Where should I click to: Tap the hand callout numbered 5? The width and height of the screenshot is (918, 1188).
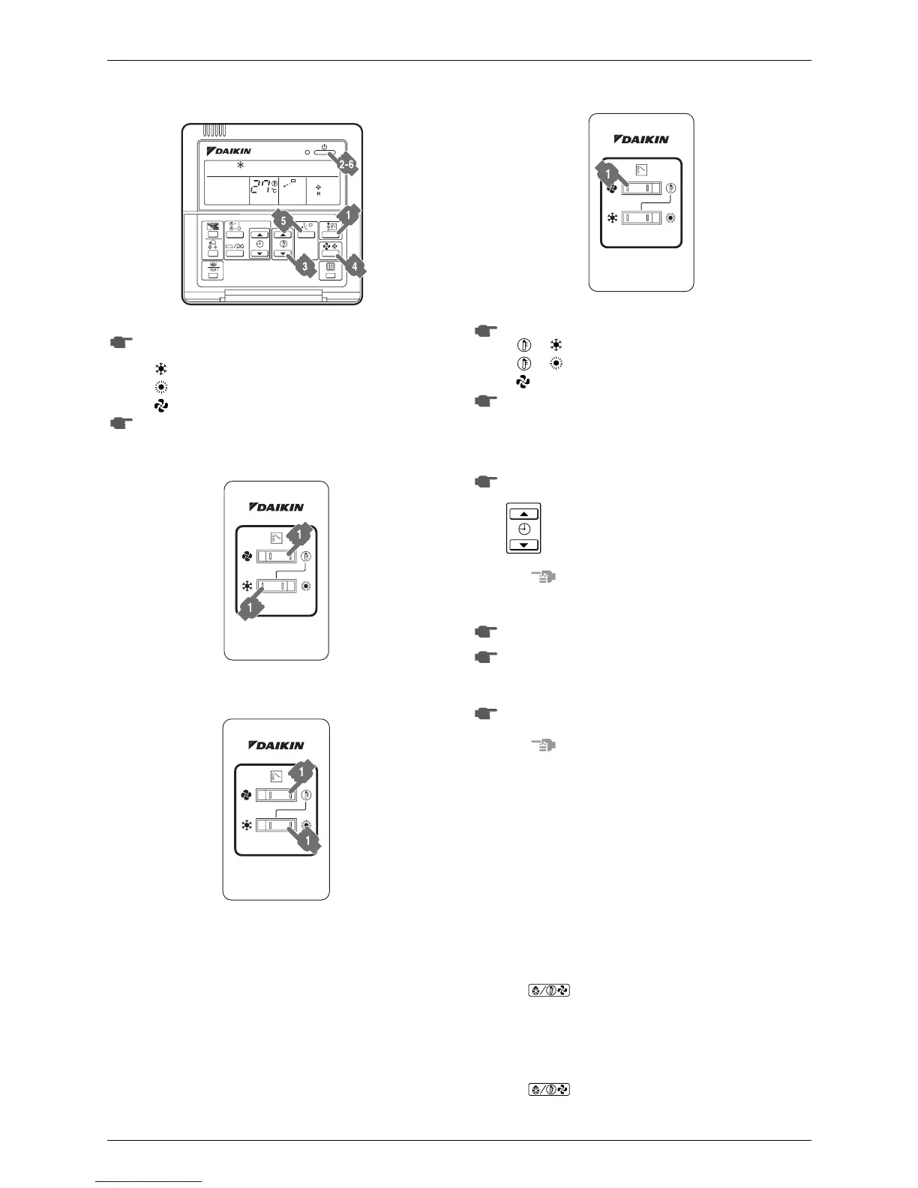point(282,221)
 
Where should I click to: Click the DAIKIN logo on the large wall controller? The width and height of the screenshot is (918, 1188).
point(229,151)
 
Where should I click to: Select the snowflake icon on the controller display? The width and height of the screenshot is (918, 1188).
point(241,163)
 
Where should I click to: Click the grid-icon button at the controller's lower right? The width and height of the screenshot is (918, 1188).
point(330,272)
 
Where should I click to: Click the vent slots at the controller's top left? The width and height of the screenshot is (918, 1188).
point(214,130)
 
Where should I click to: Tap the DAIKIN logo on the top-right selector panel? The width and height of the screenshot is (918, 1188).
point(641,139)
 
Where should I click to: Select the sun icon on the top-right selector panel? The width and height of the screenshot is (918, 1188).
point(670,217)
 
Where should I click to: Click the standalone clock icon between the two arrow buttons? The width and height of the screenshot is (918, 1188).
point(524,529)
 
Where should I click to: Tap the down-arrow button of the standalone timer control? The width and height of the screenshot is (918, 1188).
point(524,544)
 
